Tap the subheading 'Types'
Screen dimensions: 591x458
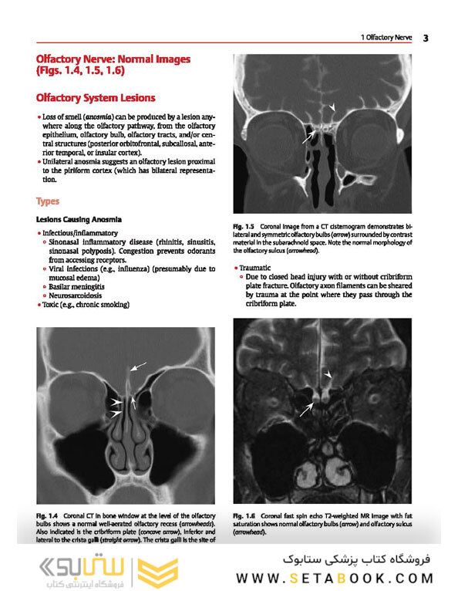[48, 201]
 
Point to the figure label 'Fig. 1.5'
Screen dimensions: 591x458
[245, 226]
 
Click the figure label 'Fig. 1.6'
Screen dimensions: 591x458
[244, 515]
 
